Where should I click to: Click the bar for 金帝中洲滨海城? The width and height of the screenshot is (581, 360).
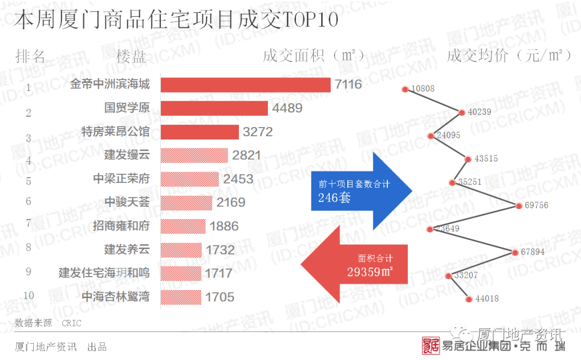[245, 85]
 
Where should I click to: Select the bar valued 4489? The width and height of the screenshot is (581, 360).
[214, 108]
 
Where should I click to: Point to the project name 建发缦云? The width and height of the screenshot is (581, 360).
[127, 155]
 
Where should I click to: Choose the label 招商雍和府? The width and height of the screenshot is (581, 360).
[121, 226]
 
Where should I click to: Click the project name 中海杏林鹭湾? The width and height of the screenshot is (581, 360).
[116, 297]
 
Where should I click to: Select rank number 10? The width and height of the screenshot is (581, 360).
[29, 295]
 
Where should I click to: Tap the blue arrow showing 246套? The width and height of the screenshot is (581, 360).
[360, 190]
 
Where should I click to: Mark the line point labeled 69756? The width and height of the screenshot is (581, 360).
[519, 206]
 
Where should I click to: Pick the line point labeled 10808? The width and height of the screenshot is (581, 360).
[405, 88]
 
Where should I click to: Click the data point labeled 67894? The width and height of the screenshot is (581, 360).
[515, 252]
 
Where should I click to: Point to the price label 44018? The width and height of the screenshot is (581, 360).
[487, 299]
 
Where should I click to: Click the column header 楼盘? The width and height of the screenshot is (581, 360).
[131, 56]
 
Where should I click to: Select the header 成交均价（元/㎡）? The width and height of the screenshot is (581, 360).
[509, 55]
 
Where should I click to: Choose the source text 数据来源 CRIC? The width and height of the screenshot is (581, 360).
[48, 323]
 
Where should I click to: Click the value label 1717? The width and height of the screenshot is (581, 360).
[219, 273]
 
